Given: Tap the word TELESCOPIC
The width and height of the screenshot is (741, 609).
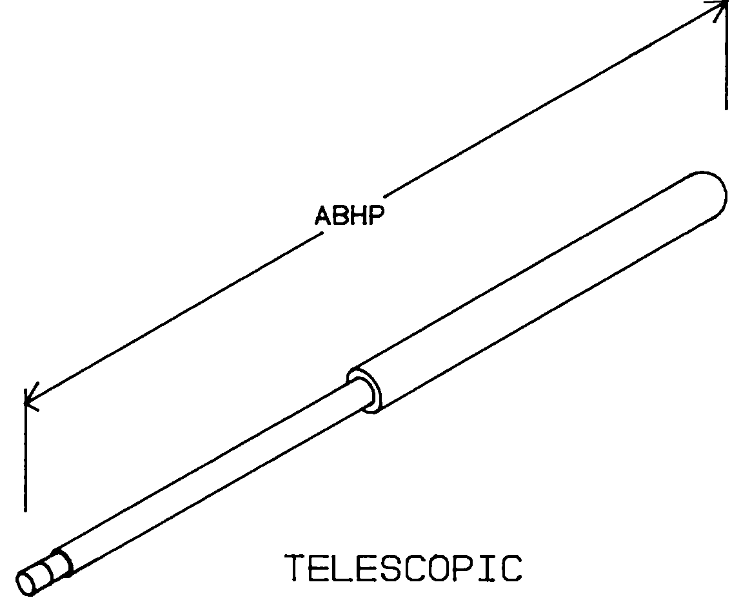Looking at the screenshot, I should [404, 568].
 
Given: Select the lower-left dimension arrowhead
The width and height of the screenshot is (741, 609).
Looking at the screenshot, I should [30, 401].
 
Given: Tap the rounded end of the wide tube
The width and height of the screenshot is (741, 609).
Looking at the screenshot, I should [713, 193].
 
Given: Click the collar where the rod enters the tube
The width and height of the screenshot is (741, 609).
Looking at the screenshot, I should [365, 389].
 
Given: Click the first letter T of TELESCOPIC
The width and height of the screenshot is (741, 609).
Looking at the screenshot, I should [296, 568].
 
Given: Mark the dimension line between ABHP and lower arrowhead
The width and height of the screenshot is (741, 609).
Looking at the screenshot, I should [174, 319].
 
